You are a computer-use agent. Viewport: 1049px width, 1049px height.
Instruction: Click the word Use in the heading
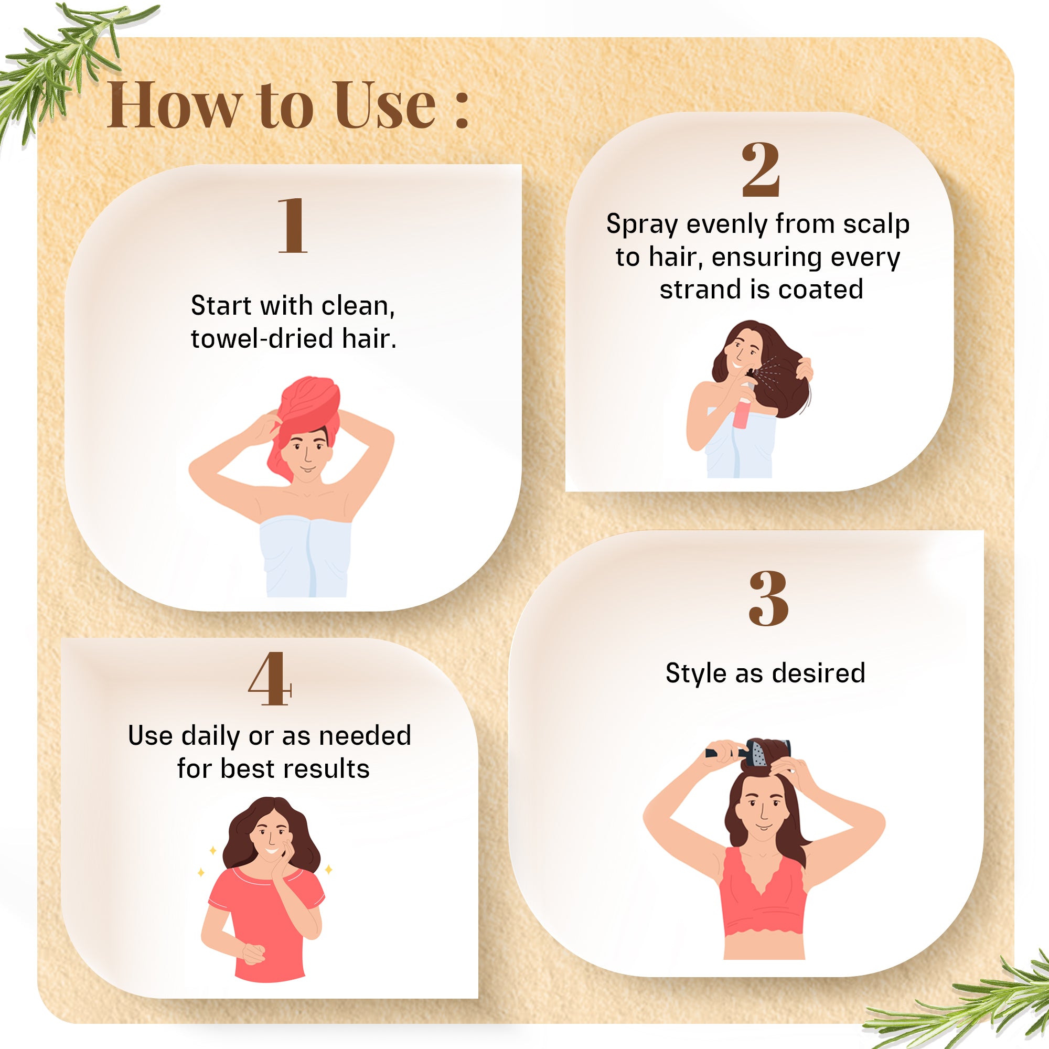pyautogui.click(x=385, y=105)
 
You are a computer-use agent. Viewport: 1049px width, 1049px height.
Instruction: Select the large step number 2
pyautogui.click(x=761, y=169)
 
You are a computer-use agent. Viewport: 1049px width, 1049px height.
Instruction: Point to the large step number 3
pyautogui.click(x=768, y=598)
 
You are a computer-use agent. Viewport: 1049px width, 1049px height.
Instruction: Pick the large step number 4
pyautogui.click(x=270, y=679)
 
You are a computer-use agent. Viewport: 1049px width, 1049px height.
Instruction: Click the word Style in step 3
pyautogui.click(x=695, y=673)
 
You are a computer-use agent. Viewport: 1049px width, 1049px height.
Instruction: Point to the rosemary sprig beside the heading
pyautogui.click(x=60, y=60)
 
